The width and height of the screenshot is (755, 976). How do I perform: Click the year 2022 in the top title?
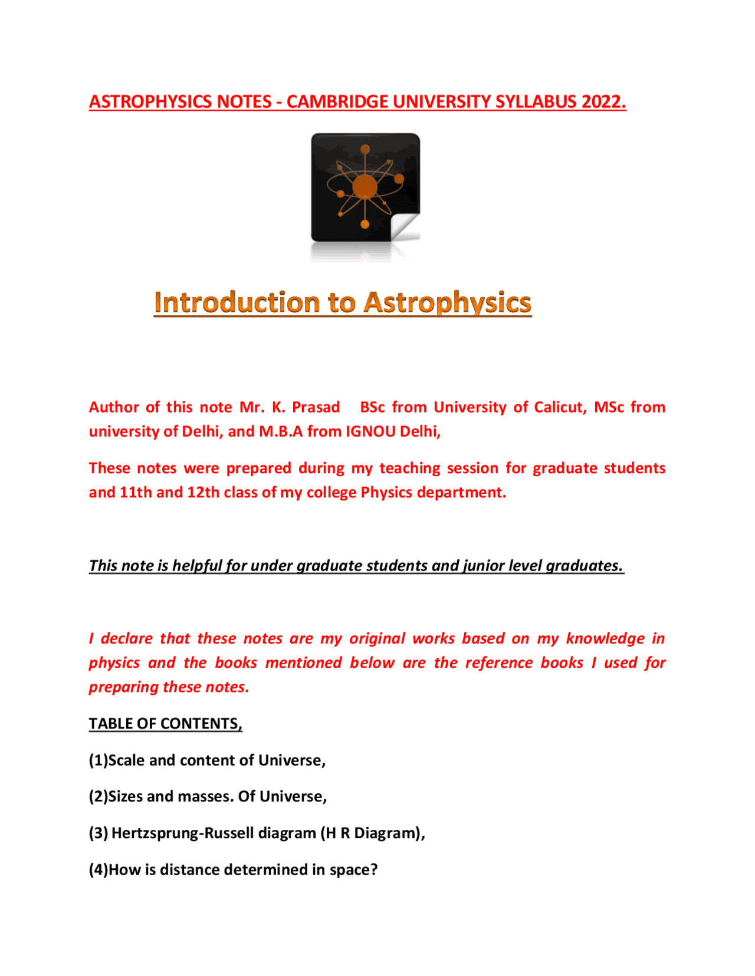point(602,102)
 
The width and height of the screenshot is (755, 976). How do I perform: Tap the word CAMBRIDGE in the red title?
point(337,102)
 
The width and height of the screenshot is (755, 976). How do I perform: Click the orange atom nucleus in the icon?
point(365,186)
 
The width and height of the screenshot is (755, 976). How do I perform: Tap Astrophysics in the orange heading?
point(448,302)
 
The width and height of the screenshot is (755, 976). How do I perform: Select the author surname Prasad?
point(316,407)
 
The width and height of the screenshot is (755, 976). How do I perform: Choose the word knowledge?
point(605,639)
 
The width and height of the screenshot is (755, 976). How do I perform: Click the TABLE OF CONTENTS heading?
point(165,724)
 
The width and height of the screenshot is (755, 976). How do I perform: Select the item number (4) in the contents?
point(99,870)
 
